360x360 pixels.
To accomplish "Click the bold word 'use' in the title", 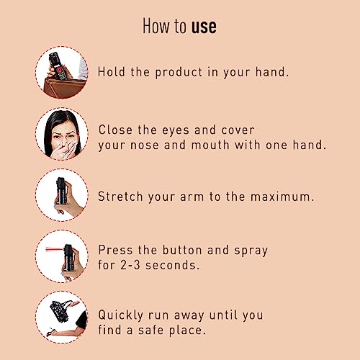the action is coord(204,27).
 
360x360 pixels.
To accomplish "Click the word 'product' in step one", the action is coord(179,73).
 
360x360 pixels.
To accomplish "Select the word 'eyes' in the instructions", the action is coord(176,131).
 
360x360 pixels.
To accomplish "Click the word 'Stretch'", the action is coord(120,197).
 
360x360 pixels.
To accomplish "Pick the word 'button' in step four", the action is coord(182,250).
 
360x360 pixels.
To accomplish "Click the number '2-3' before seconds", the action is coord(130,265).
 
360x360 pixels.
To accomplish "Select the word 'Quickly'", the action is coord(121,315).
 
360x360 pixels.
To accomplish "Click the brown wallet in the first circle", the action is coord(66,87).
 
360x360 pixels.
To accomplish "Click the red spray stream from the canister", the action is coord(55,250).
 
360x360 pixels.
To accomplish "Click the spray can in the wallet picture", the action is coord(58,66).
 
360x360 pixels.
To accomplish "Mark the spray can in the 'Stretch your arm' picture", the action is coord(61,191).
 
